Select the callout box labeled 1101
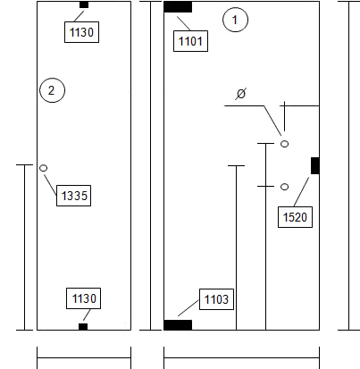pos(190,41)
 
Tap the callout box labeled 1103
pos(216,299)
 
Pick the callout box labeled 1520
pos(295,217)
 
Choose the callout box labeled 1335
pos(74,196)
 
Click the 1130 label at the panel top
pos(82,32)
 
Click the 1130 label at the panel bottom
pos(84,298)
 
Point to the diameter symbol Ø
pos(240,94)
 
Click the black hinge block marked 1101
pos(178,7)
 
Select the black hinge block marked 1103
pos(178,325)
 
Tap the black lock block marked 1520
pos(315,165)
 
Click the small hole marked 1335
pos(43,168)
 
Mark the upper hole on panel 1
pos(285,144)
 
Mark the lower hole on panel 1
pos(285,187)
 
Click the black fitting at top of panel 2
pos(84,4)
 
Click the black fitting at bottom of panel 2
pos(83,327)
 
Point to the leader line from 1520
pos(301,192)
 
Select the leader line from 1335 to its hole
pos(50,185)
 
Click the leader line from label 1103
pos(188,307)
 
